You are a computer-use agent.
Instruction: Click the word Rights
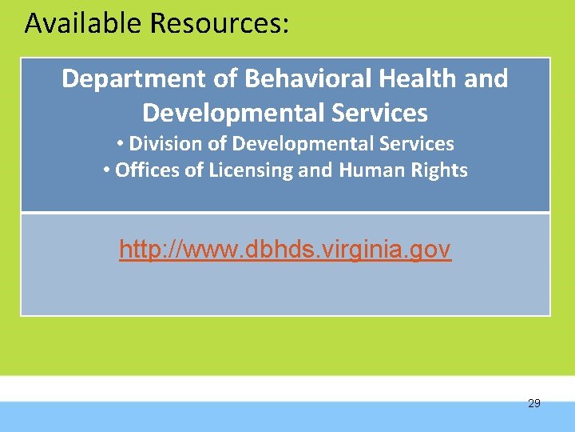[440, 170]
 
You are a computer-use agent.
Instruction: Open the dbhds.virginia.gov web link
[285, 250]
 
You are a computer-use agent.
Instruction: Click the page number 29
[534, 403]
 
